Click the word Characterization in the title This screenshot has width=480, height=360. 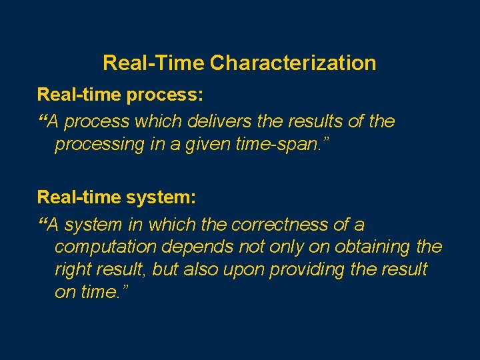tap(293, 63)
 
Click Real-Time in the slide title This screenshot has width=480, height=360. tap(153, 63)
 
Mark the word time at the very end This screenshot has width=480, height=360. tap(100, 293)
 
